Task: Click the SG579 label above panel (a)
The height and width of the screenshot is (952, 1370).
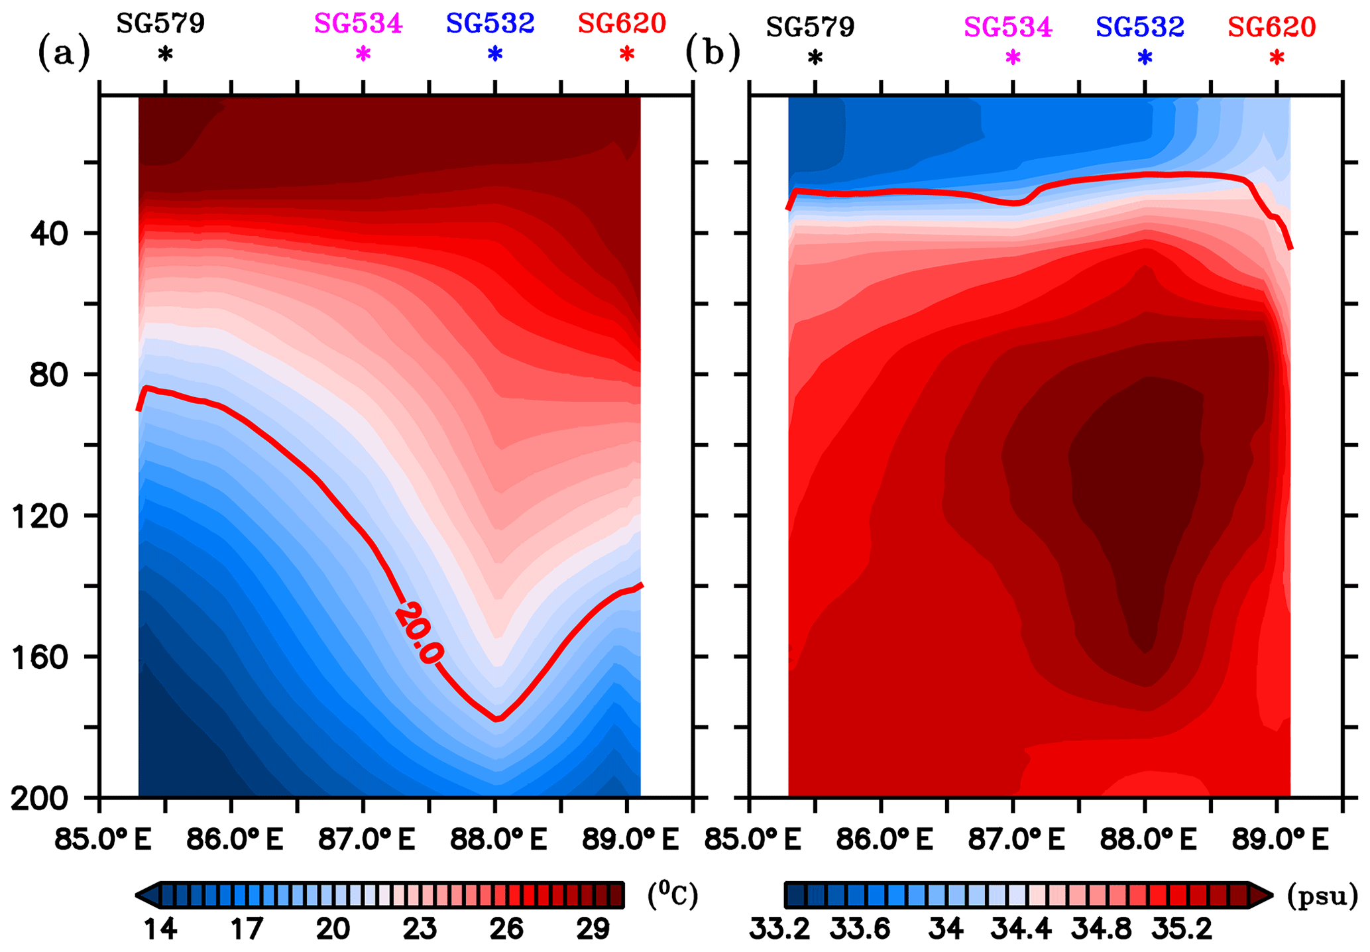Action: tap(160, 24)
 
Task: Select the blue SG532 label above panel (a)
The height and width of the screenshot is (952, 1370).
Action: tap(490, 24)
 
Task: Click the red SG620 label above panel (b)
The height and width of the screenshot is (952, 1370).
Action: tap(1271, 27)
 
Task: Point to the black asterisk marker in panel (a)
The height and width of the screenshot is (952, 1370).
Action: tap(165, 54)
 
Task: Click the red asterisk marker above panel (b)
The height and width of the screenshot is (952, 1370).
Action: tap(1277, 58)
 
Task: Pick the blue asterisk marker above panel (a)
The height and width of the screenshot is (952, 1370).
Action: tap(495, 54)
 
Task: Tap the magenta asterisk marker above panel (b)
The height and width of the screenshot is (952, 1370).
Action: tap(1013, 58)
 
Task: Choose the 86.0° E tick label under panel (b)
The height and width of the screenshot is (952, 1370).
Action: tap(884, 840)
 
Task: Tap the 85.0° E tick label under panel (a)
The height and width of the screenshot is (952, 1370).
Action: tap(102, 840)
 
